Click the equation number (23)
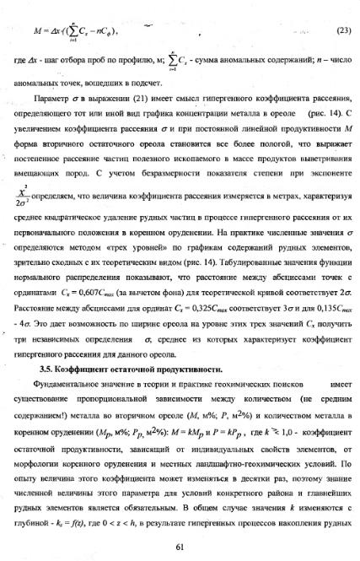coord(342,30)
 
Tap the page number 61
coord(180,546)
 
